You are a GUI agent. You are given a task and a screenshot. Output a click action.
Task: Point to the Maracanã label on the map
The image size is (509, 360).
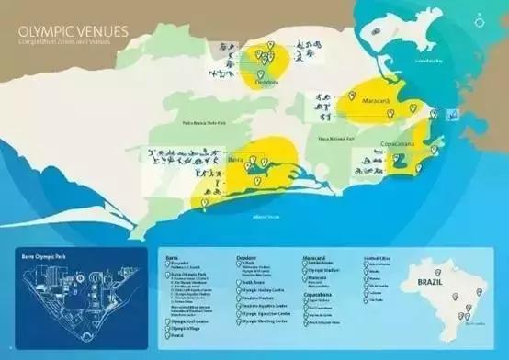379,98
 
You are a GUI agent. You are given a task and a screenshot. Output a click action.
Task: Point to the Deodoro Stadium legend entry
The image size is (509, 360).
259,298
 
